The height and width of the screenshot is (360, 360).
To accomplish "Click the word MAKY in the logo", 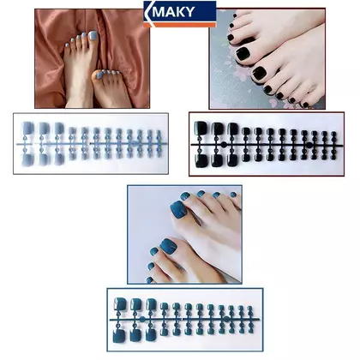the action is pyautogui.click(x=173, y=12).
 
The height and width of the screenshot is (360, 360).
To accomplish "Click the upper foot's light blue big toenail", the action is pyautogui.click(x=93, y=36).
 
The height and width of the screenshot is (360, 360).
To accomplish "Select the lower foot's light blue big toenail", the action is pyautogui.click(x=99, y=75).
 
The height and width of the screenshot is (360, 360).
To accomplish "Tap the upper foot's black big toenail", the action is pyautogui.click(x=243, y=53).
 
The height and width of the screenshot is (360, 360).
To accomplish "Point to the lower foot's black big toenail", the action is pyautogui.click(x=259, y=73).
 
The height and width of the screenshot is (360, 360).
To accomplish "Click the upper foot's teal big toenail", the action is pyautogui.click(x=178, y=209).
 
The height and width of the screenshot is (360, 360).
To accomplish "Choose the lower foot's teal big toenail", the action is pyautogui.click(x=169, y=247).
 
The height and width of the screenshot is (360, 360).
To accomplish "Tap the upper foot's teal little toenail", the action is pyautogui.click(x=233, y=195).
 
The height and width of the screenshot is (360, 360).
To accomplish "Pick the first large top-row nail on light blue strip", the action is pyautogui.click(x=27, y=128).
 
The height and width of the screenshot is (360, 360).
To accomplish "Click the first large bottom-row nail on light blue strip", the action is pyautogui.click(x=27, y=159).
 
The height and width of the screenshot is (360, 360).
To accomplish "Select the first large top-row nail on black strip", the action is pyautogui.click(x=201, y=128).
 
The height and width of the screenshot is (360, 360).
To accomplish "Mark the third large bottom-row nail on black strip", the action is pyautogui.click(x=232, y=160).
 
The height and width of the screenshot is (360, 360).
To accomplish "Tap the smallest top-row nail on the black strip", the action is pyautogui.click(x=333, y=134).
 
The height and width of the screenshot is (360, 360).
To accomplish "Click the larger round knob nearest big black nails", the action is pyautogui.click(x=224, y=144).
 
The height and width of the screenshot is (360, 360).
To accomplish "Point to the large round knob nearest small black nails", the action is pyautogui.click(x=309, y=145).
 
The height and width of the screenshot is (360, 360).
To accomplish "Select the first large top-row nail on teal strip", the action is pyautogui.click(x=120, y=304).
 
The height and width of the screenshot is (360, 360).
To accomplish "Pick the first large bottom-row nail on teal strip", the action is pyautogui.click(x=120, y=336).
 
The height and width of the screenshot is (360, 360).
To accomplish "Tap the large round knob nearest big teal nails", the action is pyautogui.click(x=142, y=319).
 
